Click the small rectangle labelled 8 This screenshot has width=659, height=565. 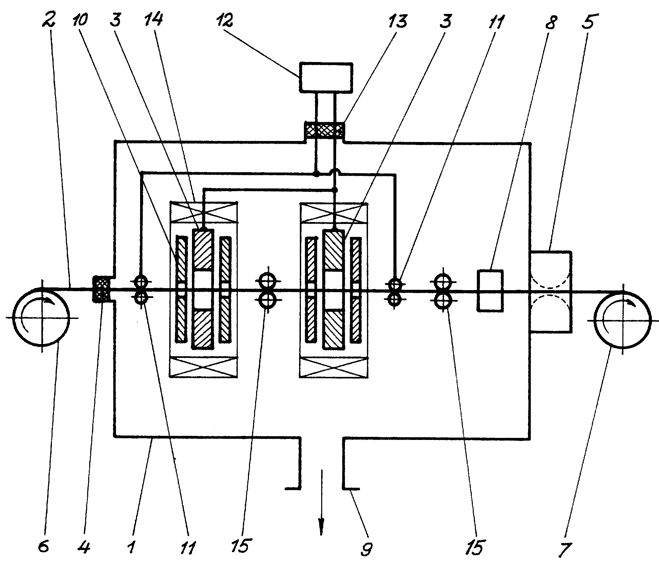pos(490,290)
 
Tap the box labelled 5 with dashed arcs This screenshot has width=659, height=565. pos(551,291)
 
